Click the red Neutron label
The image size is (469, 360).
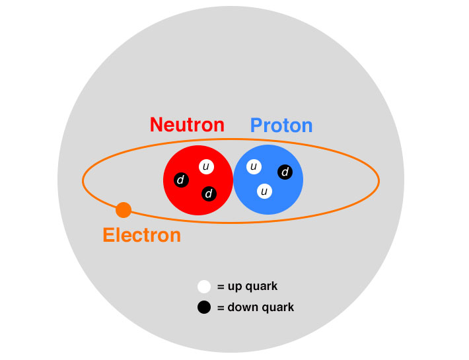(187, 125)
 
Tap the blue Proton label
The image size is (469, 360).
(281, 126)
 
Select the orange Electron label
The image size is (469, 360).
(141, 235)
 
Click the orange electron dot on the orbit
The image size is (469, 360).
(124, 210)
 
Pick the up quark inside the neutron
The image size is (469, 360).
(206, 167)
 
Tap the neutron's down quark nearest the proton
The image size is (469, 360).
(209, 194)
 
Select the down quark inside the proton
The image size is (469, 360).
(285, 172)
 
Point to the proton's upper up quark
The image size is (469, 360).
(254, 166)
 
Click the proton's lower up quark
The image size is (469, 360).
(264, 192)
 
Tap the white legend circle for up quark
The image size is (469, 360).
(204, 287)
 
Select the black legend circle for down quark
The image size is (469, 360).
(204, 307)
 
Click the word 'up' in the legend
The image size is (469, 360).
(235, 287)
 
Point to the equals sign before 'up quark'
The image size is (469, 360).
(221, 287)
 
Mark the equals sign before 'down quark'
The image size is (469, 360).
(221, 307)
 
